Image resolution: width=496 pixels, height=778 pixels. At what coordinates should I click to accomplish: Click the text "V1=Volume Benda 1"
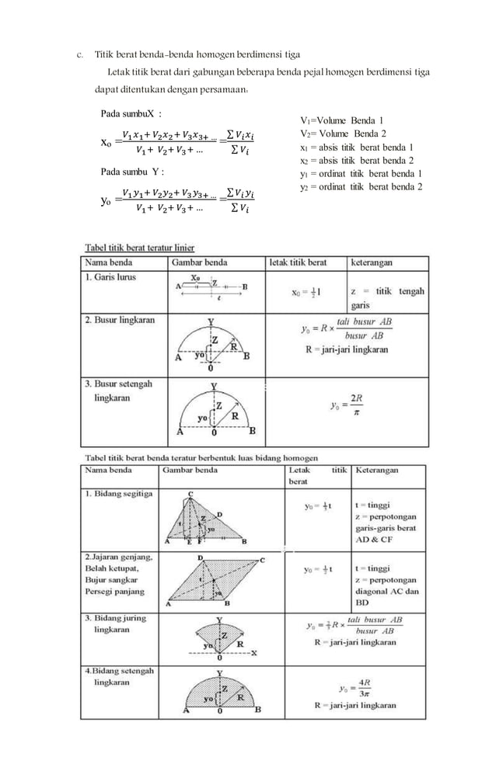point(341,120)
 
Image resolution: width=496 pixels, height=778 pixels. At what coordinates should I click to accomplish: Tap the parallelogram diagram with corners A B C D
point(211,579)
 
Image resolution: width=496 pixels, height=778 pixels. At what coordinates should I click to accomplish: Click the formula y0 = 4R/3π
point(355,689)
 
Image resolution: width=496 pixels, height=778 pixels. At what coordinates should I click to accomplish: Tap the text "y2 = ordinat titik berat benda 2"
point(361,187)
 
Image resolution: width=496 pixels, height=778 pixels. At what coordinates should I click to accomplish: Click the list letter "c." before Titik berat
point(79,55)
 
